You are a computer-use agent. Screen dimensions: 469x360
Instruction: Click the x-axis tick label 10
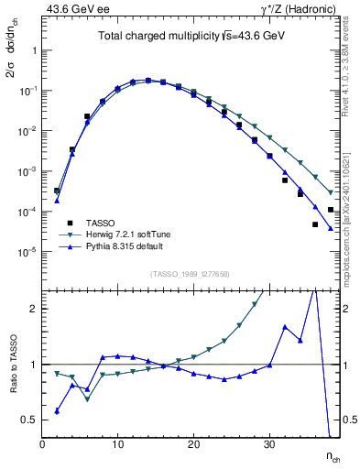point(117,445)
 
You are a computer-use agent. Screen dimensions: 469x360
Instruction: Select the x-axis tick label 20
point(193,445)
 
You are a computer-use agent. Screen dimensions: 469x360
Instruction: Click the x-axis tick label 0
point(42,445)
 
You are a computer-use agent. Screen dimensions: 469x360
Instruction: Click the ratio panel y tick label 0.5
point(30,420)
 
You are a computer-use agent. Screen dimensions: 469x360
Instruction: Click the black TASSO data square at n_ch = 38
point(331,210)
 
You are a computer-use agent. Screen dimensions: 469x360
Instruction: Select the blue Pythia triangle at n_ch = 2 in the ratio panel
point(57,411)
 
